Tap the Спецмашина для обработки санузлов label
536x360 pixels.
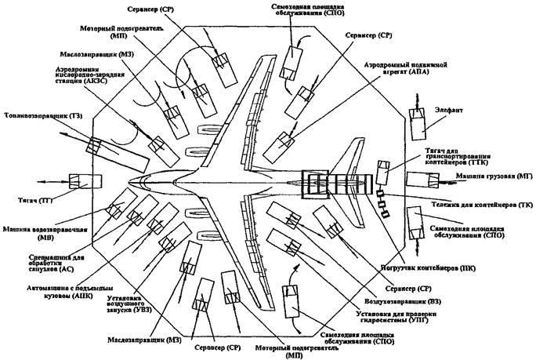tap(32, 265)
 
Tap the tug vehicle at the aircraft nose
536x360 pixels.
tap(80, 182)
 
